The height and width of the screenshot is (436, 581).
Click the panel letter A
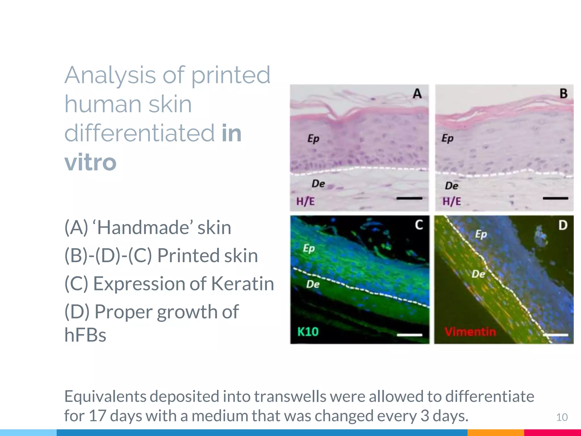[x=417, y=94]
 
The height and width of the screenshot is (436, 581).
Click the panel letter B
[x=563, y=94]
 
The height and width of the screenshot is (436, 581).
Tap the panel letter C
[x=419, y=225]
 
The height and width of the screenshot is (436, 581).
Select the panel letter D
[x=563, y=225]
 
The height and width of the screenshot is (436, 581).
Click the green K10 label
[x=308, y=332]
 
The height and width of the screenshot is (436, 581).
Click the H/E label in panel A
[x=306, y=202]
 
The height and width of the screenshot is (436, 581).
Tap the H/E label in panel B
[x=452, y=202]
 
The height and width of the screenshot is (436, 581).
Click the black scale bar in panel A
[x=409, y=198]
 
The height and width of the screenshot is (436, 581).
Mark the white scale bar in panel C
[x=409, y=335]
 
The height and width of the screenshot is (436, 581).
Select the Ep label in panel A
[x=313, y=139]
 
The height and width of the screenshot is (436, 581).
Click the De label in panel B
[x=451, y=186]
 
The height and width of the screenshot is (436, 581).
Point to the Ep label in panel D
[x=481, y=234]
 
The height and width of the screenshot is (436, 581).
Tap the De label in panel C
[x=313, y=284]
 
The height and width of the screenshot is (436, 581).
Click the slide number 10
[x=562, y=417]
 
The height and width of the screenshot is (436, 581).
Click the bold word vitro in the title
[x=90, y=162]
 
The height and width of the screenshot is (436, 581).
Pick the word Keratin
[x=243, y=284]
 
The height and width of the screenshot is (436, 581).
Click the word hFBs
[x=85, y=335]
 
